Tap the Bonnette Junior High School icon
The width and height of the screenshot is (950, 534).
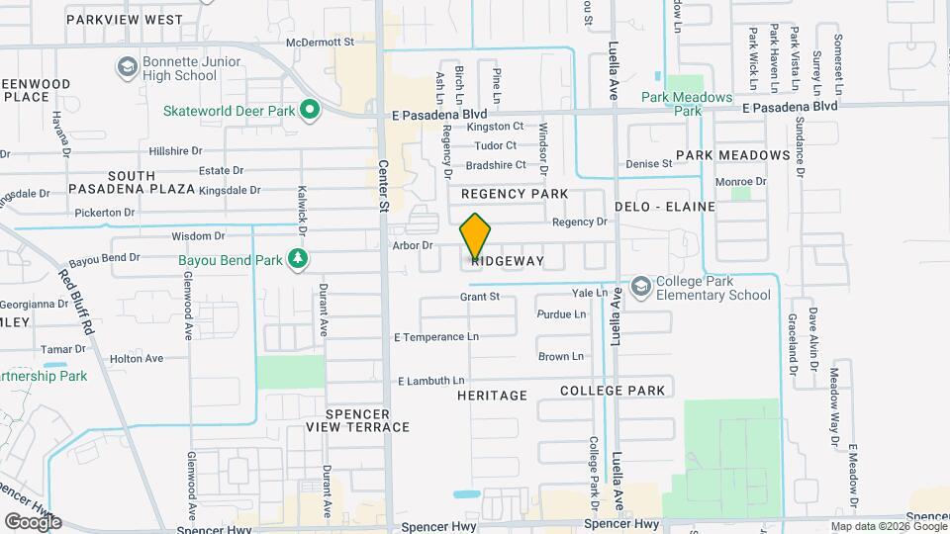127,66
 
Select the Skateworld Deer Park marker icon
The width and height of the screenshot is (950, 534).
310,110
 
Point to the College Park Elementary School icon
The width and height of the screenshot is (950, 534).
641,288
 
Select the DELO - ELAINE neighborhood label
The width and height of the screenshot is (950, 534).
658,207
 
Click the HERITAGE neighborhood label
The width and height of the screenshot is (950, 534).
492,396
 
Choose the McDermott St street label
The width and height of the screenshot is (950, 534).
320,43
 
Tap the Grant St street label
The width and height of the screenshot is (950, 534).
480,297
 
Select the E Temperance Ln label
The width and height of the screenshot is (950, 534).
436,337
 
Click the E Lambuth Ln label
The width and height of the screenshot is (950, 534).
430,381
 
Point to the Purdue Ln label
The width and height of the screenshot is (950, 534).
561,314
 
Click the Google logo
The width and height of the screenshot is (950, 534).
32,521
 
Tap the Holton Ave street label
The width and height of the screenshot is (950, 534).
137,359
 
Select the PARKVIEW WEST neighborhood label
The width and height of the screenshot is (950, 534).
124,20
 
